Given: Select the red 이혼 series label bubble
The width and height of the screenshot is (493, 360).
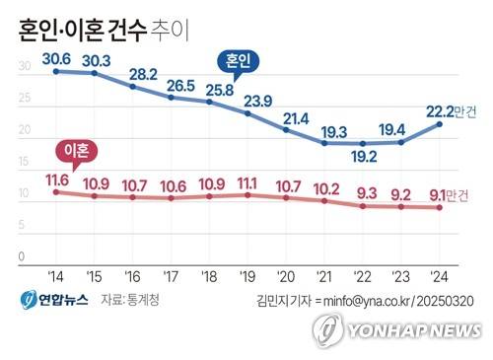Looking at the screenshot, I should (x=76, y=150).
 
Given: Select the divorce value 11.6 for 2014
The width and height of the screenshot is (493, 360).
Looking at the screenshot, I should (x=57, y=179).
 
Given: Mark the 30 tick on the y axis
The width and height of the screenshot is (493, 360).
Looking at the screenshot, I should (x=24, y=67).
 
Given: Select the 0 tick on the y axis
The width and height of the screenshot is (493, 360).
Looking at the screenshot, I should (x=21, y=256).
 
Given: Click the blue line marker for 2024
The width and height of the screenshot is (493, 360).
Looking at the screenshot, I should (x=441, y=123).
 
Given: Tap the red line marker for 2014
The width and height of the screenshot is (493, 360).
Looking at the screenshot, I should (x=56, y=191).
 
